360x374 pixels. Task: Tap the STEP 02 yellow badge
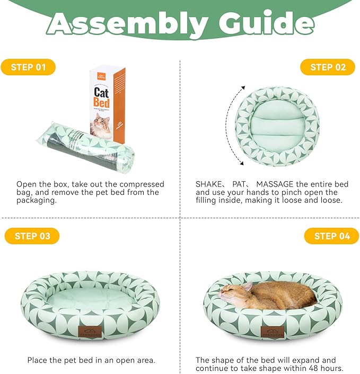pos(328,67)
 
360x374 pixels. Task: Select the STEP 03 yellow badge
pos(32,236)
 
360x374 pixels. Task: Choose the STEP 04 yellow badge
pos(331,236)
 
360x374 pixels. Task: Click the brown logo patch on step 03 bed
pos(90,332)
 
